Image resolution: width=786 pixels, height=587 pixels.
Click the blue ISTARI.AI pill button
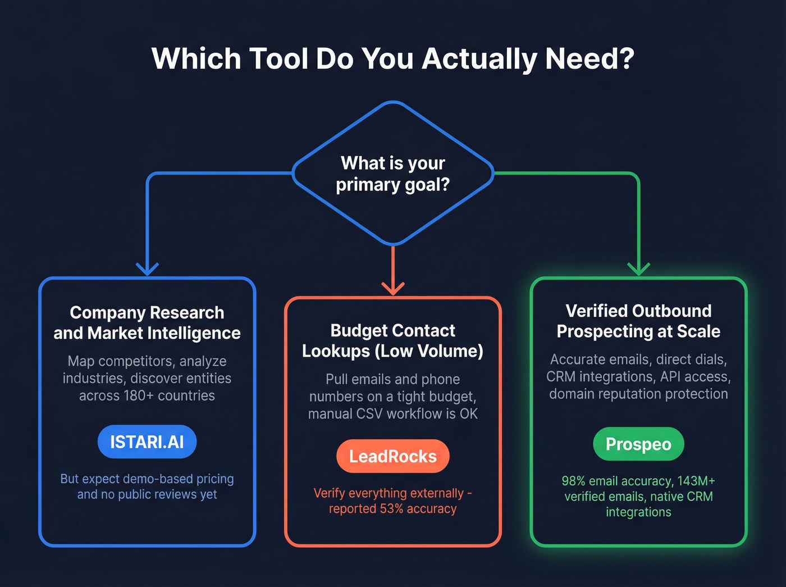[x=147, y=442]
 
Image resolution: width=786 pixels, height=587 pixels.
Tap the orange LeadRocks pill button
[x=393, y=456]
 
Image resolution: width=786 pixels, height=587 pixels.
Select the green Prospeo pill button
[x=638, y=444]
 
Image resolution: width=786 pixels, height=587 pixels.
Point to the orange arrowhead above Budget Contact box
[x=393, y=288]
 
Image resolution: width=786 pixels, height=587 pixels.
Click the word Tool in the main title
[x=278, y=58]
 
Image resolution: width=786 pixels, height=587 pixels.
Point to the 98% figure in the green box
[x=573, y=481]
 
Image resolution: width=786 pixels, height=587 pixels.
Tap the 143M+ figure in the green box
[x=696, y=481]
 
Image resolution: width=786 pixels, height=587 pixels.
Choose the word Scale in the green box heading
[x=698, y=331]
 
